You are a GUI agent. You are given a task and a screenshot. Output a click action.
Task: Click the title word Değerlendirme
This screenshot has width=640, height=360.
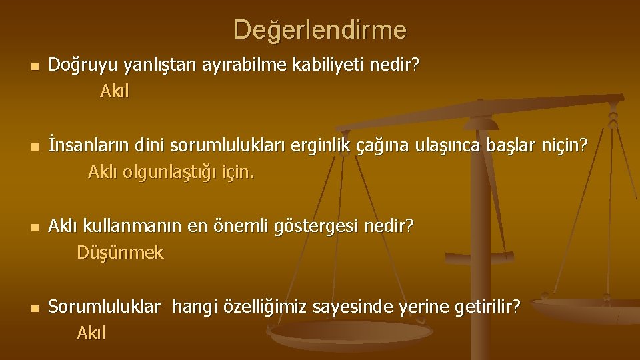tap(319, 29)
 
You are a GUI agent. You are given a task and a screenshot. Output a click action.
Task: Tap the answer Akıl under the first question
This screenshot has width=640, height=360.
tap(114, 91)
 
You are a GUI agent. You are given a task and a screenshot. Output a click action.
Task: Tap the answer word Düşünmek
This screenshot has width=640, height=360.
tap(119, 253)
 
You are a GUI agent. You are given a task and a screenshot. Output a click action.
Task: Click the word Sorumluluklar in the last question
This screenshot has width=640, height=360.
tap(105, 307)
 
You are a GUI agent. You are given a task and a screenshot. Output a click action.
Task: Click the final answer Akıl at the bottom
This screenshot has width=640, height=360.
tap(91, 332)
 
